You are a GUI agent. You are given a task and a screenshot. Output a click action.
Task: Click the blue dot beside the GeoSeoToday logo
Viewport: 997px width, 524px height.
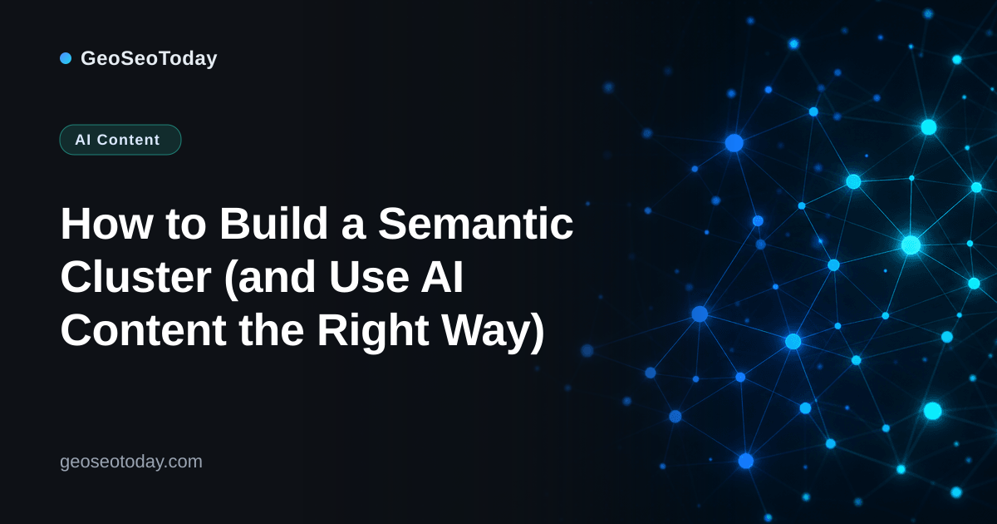coord(66,58)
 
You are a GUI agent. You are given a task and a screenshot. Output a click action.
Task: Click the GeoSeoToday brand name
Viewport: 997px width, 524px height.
coord(149,58)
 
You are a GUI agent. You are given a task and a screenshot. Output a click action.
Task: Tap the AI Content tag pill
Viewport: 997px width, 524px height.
coord(120,140)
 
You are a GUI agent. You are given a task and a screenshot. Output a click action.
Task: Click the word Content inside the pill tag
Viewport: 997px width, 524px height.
coord(128,140)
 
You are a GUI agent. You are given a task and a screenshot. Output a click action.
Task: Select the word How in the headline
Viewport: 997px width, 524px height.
coord(106,224)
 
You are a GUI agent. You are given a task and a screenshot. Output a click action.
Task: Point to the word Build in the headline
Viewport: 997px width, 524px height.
coord(273,223)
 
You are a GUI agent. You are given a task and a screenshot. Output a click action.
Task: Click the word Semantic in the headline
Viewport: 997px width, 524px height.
coord(475,223)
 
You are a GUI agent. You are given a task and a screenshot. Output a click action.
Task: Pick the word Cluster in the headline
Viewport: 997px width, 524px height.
coord(135,277)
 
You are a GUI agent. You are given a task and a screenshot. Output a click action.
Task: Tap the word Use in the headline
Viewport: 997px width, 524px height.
coord(369,277)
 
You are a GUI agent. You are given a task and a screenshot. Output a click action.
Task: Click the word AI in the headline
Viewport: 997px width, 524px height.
coord(442,277)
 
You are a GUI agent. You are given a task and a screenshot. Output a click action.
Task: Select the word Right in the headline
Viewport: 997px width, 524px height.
coord(373,332)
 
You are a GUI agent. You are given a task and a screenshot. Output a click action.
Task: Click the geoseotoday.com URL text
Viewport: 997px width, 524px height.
coord(131,462)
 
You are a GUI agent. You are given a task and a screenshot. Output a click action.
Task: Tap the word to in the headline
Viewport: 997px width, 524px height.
coord(185,225)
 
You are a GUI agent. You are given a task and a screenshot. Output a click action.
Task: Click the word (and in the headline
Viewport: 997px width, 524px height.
coord(270,278)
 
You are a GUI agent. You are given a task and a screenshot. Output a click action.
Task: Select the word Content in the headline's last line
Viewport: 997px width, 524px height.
coord(143,330)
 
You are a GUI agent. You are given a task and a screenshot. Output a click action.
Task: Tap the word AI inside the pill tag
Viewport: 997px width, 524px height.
coord(83,140)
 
